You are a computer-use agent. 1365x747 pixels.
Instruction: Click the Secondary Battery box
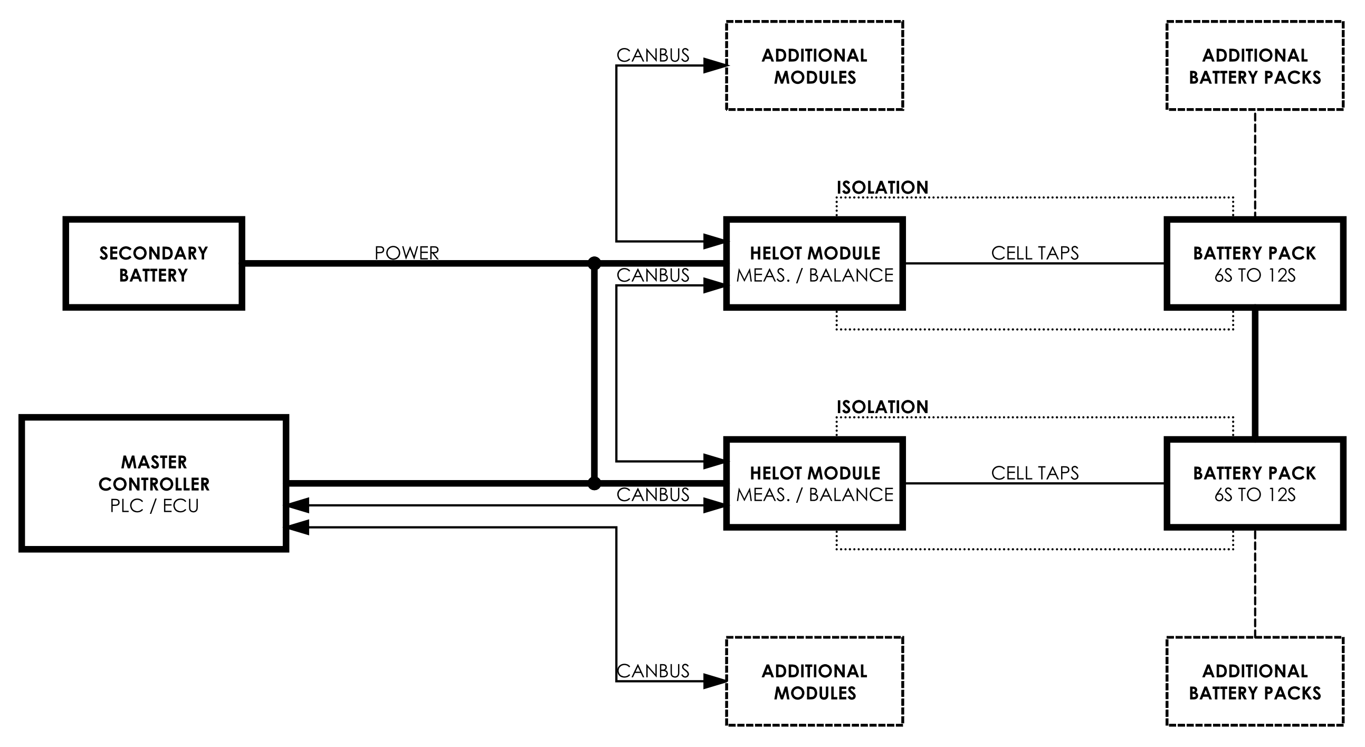point(154,263)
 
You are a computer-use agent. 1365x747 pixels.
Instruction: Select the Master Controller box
point(154,483)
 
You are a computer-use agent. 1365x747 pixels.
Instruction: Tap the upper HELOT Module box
point(815,263)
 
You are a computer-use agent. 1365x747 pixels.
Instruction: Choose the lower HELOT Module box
point(815,483)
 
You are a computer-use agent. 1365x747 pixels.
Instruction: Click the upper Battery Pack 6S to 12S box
point(1254,263)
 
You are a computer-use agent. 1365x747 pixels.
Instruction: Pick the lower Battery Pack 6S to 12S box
point(1254,483)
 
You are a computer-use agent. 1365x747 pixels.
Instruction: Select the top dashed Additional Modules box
point(815,66)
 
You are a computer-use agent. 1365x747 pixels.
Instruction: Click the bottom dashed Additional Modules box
point(815,681)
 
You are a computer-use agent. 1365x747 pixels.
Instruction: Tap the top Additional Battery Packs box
point(1254,66)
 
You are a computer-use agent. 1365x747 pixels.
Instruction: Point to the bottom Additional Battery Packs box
point(1254,681)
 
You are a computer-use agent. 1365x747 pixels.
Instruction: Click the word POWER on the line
point(406,253)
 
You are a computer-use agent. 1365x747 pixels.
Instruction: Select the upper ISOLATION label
point(882,188)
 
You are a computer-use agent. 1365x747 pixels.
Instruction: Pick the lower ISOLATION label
point(882,407)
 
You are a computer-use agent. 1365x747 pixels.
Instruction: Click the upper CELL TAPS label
point(1034,253)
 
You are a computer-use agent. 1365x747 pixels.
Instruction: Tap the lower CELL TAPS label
point(1034,473)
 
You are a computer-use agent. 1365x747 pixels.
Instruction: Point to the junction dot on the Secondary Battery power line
point(595,263)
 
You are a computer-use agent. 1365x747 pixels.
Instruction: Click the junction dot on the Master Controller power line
point(595,483)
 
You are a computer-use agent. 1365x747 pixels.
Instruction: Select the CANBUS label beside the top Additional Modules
point(653,55)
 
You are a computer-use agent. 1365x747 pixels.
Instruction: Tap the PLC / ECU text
point(154,506)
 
